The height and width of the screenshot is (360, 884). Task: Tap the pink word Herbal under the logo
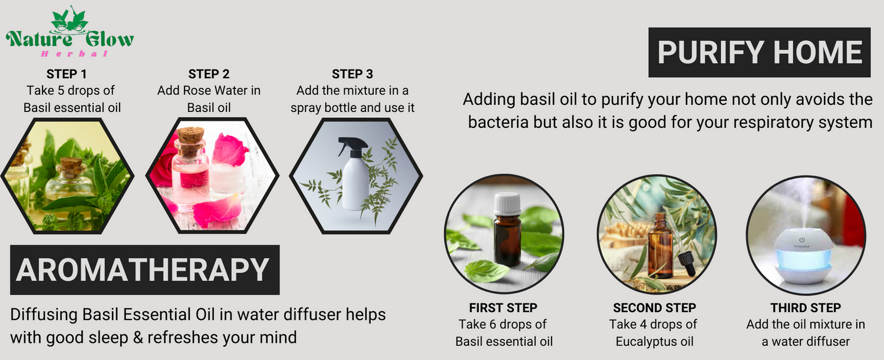pos(74,54)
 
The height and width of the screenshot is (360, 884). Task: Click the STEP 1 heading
pos(66,74)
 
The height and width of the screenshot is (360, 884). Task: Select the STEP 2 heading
pos(209,74)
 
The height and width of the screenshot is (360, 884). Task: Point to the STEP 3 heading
pos(352,74)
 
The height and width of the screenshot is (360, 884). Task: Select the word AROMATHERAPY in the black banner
pos(143,270)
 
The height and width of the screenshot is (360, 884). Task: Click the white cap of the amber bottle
pos(507,203)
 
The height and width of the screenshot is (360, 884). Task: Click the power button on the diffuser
pos(801,240)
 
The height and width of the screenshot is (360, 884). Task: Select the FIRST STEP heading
pos(503,308)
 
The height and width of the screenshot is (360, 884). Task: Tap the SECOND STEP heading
pos(654,308)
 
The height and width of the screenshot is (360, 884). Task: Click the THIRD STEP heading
pos(806,308)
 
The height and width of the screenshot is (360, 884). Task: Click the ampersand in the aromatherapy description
pos(138,338)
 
